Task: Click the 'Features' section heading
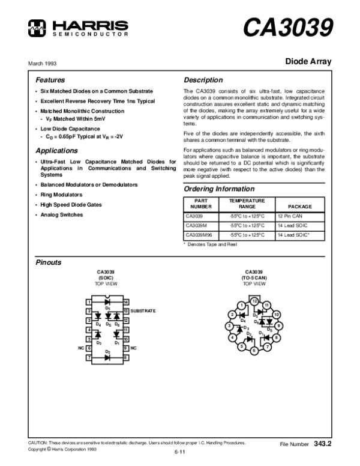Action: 50,80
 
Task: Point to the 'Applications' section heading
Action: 56,151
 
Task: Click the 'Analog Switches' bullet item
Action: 62,214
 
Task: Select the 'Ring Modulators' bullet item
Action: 61,195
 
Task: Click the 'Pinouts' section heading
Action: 49,263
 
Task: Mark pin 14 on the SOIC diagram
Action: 126,301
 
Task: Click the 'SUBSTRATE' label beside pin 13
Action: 143,311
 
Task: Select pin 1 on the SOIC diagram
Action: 88,301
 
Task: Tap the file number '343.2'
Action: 323,444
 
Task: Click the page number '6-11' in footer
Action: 179,452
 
